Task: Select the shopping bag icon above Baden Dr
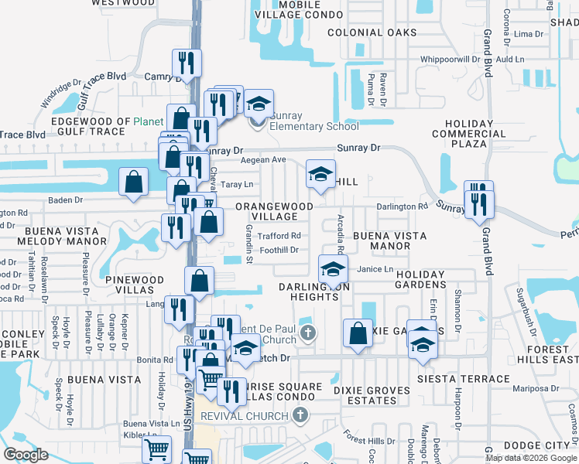point(134,183)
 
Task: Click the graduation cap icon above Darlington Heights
point(333,270)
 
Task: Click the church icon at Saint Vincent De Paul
point(308,334)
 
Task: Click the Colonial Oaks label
point(372,33)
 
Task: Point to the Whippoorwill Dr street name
point(451,59)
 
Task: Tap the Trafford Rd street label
point(279,236)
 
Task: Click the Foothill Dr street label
point(279,250)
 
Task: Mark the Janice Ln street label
point(375,268)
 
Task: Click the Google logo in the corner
point(26,455)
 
